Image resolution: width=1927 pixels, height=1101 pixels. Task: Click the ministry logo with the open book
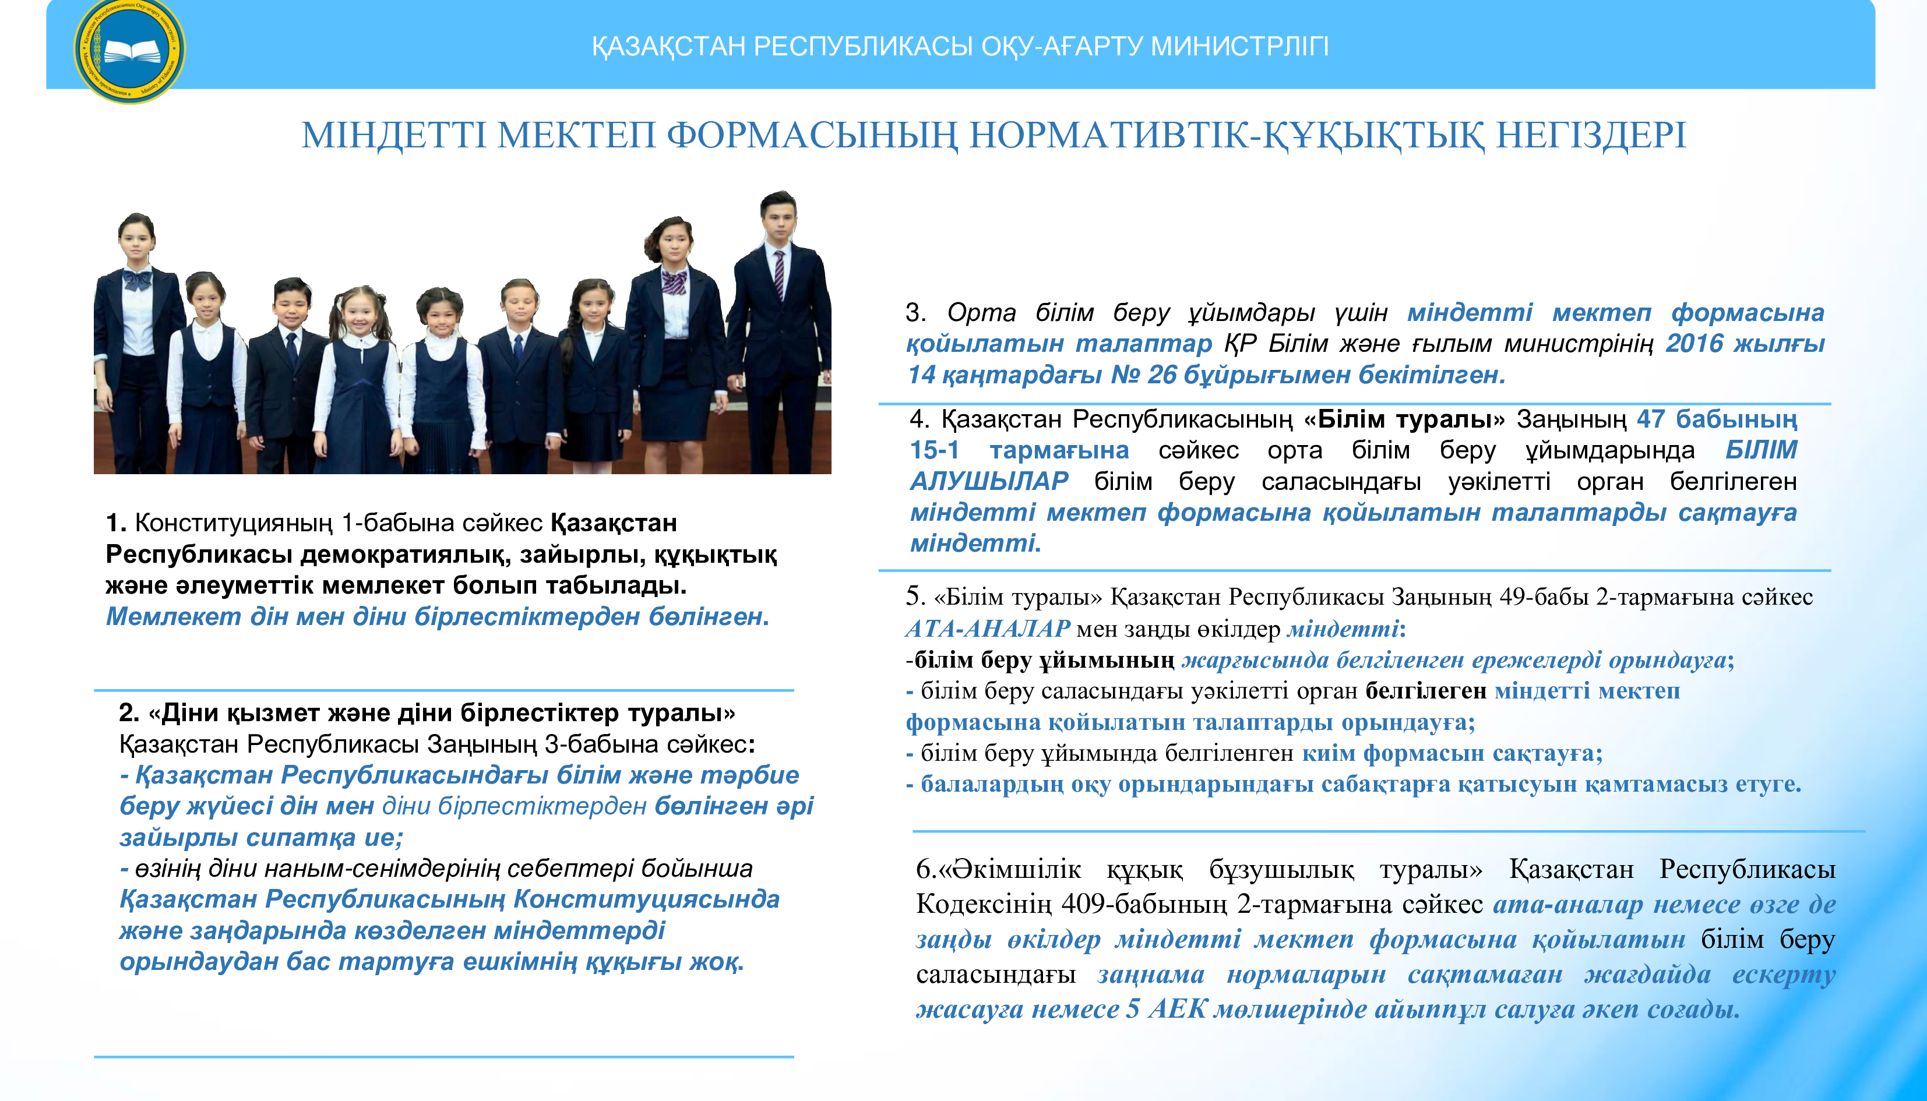pos(130,50)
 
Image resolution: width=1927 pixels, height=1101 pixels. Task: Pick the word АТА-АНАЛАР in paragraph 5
pos(988,629)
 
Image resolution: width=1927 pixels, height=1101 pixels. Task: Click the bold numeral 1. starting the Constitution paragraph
pos(116,523)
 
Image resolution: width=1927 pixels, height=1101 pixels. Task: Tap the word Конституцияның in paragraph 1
pos(234,523)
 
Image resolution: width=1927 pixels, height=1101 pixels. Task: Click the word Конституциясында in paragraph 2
pos(647,899)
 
